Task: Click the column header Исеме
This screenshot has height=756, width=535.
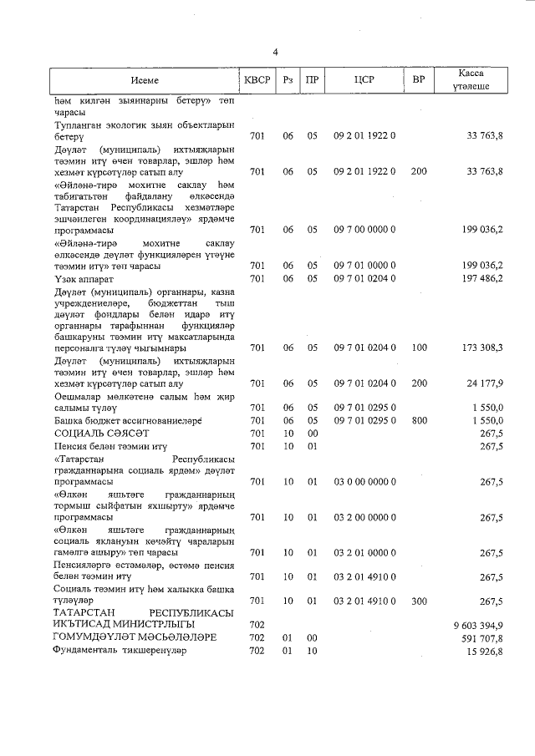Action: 144,80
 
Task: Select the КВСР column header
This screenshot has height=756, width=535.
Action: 257,80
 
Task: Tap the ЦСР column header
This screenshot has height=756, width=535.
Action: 364,80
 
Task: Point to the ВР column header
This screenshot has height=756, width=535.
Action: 419,80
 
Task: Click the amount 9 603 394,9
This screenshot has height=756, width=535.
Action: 478,624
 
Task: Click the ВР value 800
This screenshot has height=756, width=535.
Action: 419,420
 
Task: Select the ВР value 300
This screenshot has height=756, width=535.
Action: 419,600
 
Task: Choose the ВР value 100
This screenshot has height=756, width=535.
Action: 419,347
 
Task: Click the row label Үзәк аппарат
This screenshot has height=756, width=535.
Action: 84,278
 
